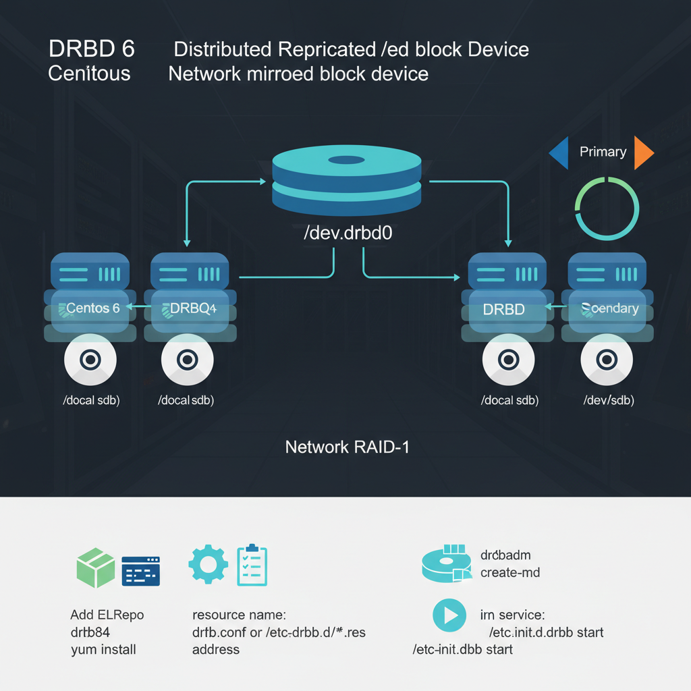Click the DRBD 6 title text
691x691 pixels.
(92, 49)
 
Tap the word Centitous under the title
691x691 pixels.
(89, 73)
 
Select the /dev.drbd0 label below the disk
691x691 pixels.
(348, 233)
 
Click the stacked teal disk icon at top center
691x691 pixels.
(346, 179)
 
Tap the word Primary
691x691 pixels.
(603, 152)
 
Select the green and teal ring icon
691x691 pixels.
(605, 208)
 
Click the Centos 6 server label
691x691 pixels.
(90, 308)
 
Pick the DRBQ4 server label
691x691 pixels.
(189, 308)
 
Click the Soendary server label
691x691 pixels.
(609, 308)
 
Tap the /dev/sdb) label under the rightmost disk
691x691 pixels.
(609, 400)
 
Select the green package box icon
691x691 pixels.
(96, 568)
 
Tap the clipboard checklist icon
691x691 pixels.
(252, 565)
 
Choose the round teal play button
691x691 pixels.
(449, 615)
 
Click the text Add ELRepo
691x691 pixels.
(107, 615)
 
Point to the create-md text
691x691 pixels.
(509, 573)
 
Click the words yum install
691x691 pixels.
(103, 650)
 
